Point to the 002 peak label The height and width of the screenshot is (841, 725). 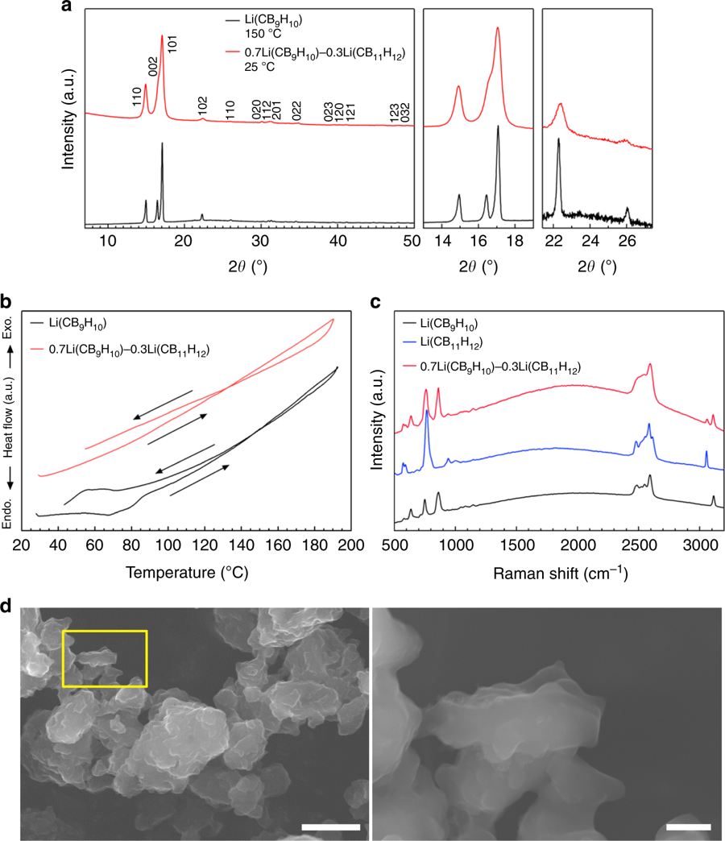click(x=153, y=66)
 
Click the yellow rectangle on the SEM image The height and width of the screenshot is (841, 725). click(x=105, y=658)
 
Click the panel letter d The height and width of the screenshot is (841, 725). click(x=7, y=605)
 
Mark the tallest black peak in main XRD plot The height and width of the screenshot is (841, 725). click(x=162, y=145)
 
